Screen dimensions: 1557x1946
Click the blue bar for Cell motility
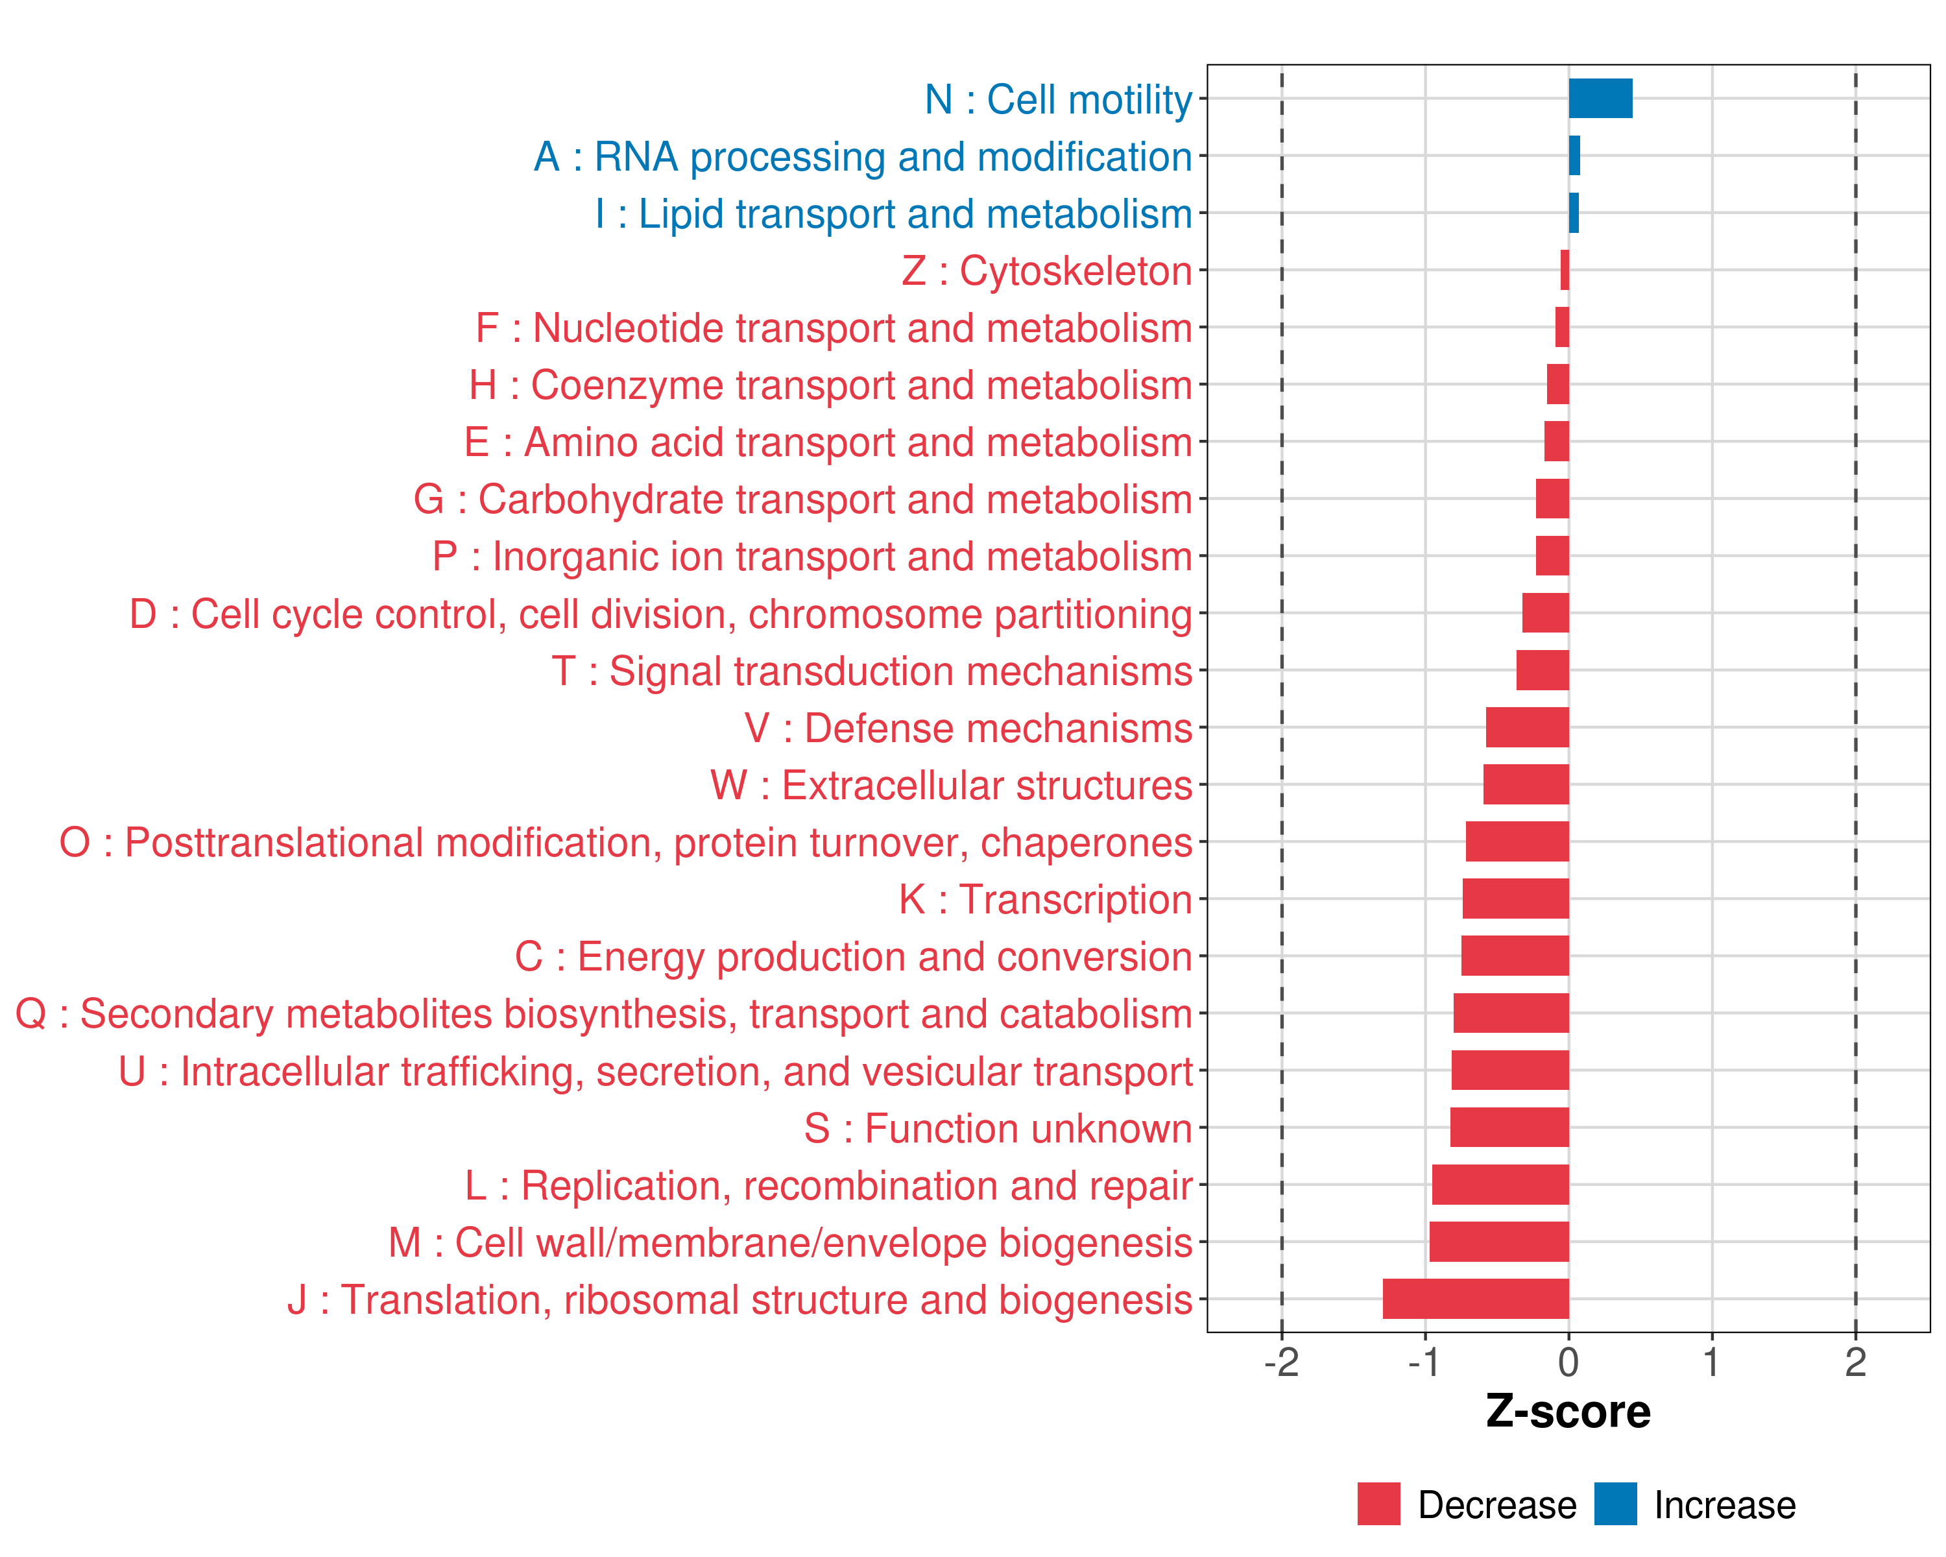point(1600,99)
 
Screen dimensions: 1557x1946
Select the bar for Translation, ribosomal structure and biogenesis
point(1475,1298)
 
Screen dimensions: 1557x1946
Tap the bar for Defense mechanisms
point(1526,727)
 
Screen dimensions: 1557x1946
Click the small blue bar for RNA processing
point(1574,155)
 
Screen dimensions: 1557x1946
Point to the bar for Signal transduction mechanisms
point(1542,670)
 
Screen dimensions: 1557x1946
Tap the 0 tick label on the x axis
point(1568,1362)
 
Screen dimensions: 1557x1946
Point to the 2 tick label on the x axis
point(1855,1362)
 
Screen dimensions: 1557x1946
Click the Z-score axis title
point(1568,1412)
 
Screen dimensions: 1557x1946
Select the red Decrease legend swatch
point(1378,1504)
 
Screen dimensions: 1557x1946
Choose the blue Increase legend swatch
point(1615,1504)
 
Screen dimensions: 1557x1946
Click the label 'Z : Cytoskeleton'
point(1046,271)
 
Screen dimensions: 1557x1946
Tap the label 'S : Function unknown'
point(998,1128)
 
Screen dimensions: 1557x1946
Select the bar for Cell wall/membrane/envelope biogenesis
point(1498,1241)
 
